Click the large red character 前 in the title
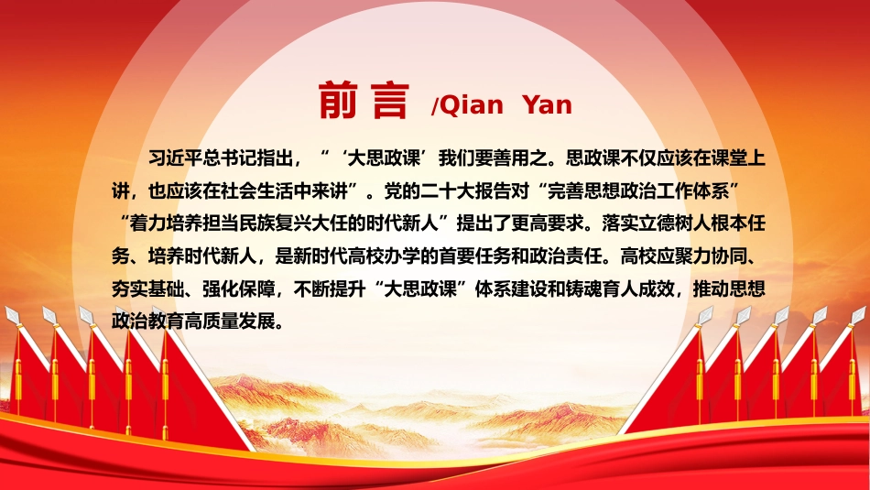[338, 101]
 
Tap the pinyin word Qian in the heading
[471, 105]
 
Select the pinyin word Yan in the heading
[547, 103]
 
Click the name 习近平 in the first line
[175, 158]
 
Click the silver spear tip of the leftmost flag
[12, 315]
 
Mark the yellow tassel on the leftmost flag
[18, 372]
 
